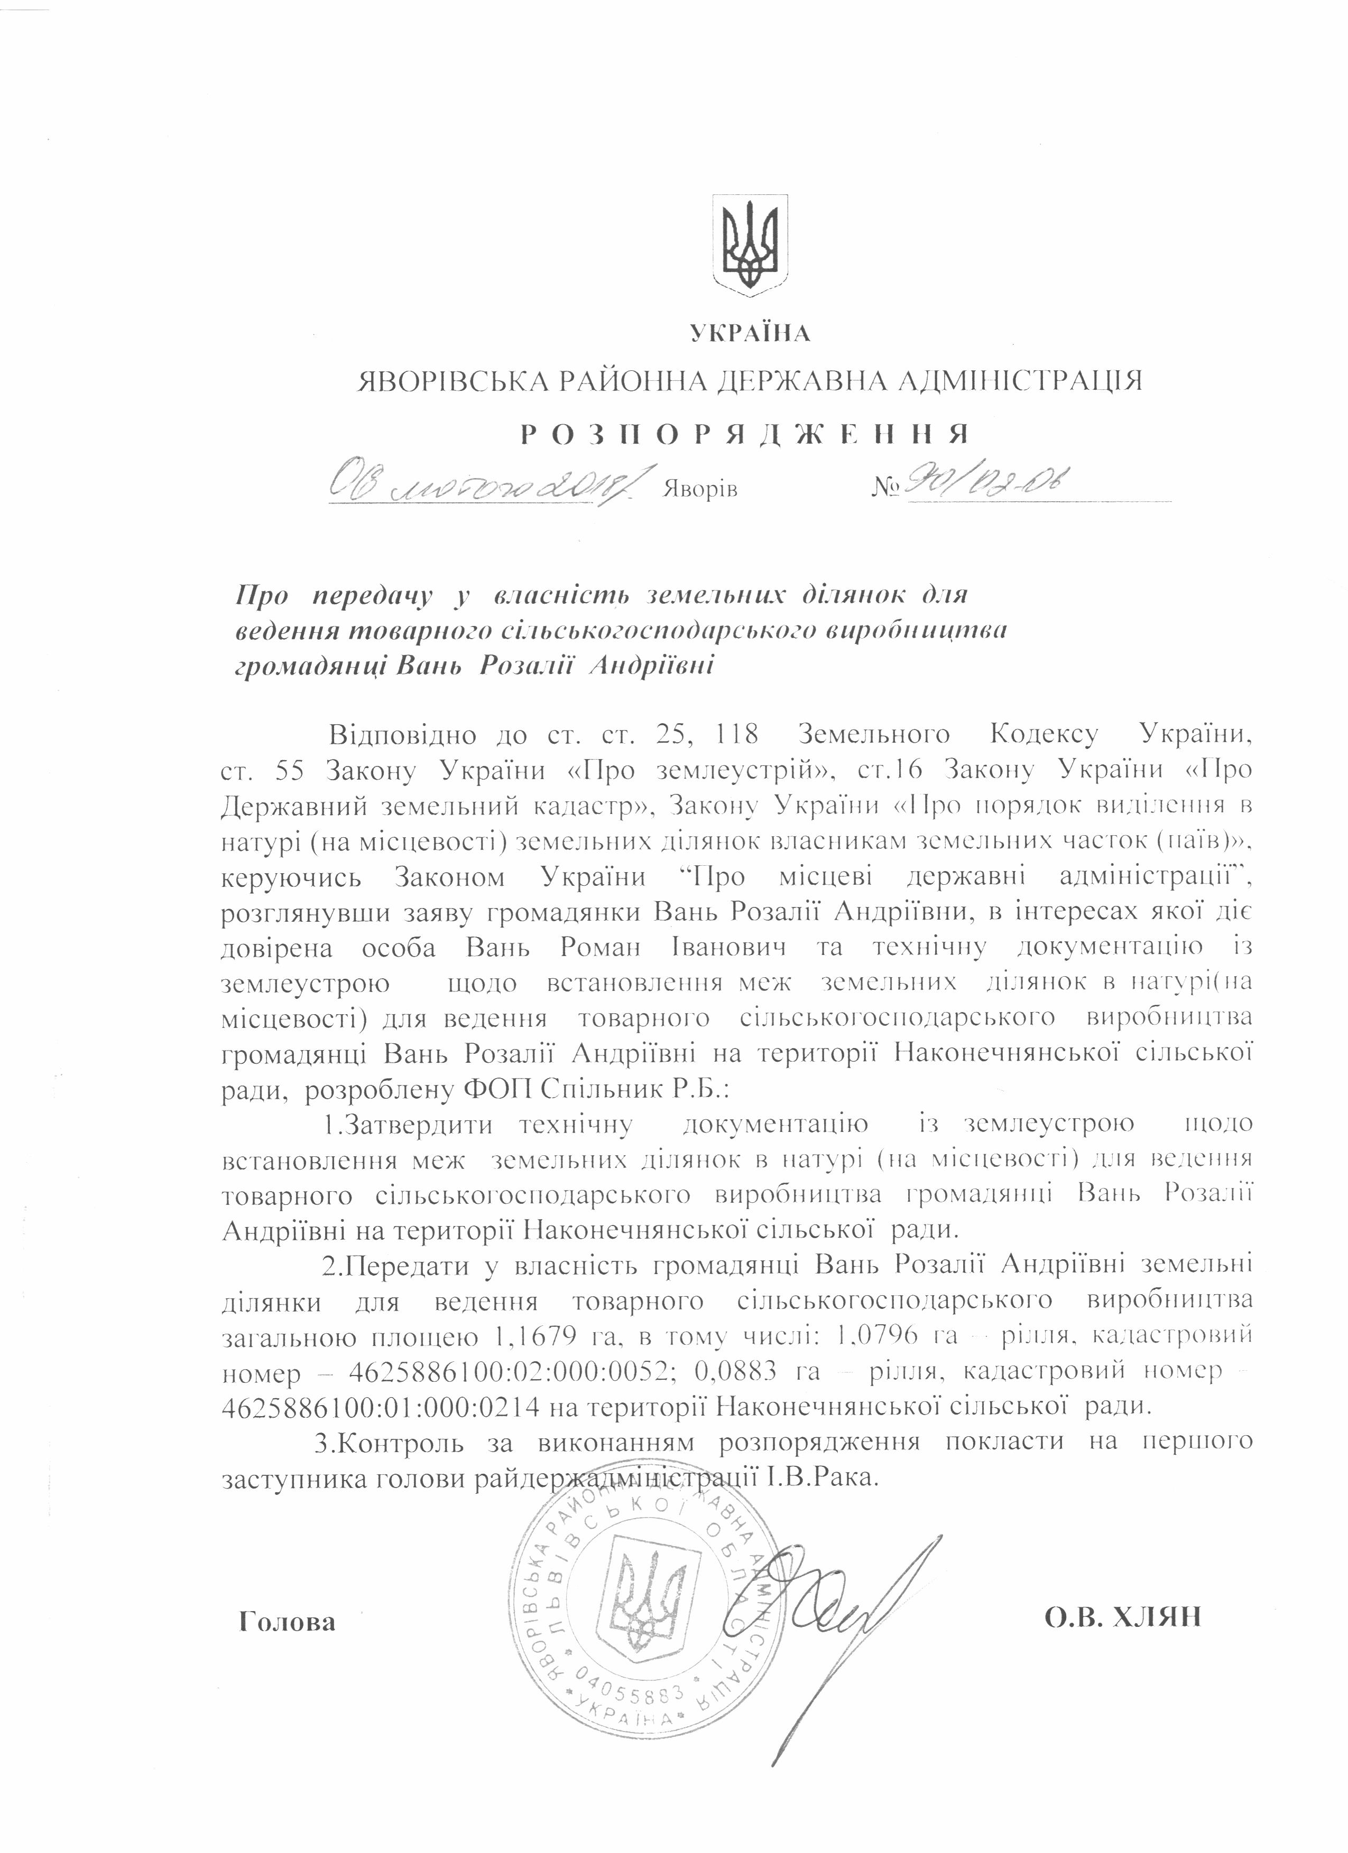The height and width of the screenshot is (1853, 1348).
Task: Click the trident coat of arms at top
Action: [x=751, y=242]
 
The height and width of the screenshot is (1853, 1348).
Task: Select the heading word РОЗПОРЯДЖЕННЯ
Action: [x=745, y=434]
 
